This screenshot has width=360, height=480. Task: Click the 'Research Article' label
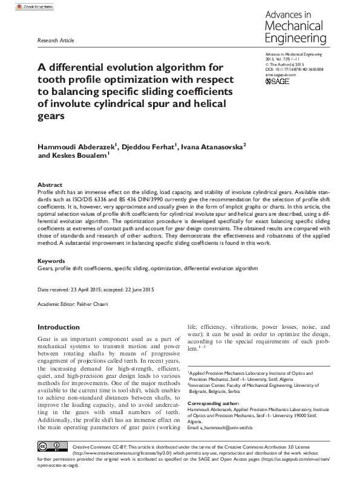pos(56,41)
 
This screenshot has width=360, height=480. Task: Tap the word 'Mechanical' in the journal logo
pos(293,26)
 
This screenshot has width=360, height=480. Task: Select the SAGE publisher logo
pos(278,81)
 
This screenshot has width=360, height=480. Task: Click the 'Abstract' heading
pos(50,185)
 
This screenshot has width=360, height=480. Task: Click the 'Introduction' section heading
pos(59,327)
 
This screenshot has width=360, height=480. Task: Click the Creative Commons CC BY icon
pos(53,447)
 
